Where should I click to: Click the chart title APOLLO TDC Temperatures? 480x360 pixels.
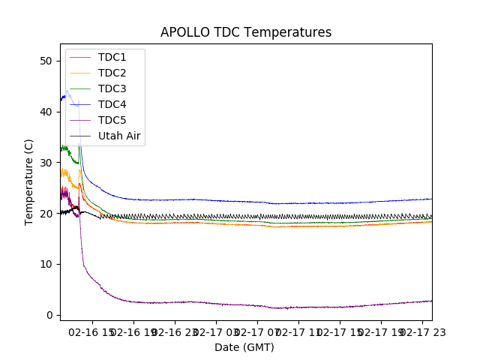246,32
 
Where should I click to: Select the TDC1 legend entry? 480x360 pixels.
112,57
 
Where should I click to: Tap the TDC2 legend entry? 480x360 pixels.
112,73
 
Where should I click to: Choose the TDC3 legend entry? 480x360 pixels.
112,88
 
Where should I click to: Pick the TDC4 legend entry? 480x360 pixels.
112,104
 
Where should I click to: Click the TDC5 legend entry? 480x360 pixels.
112,120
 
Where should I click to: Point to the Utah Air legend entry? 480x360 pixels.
119,136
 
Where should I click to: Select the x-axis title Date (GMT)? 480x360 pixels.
244,347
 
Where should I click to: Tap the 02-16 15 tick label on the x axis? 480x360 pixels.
92,331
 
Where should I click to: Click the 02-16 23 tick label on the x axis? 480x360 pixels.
175,331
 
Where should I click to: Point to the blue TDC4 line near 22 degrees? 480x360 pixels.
300,203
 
